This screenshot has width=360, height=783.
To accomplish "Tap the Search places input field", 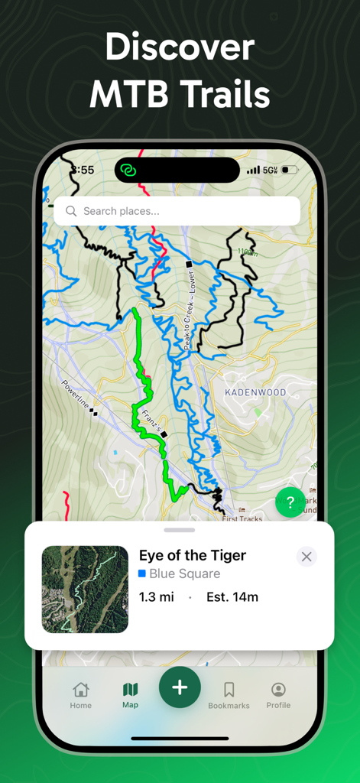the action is (183, 211).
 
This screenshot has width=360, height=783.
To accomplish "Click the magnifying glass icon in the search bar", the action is (71, 211).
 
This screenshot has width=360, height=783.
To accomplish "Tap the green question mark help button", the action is (290, 502).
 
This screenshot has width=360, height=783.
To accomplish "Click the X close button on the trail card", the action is (306, 557).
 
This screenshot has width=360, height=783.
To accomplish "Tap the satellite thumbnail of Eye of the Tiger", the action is (85, 590).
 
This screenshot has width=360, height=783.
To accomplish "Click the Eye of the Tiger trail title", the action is (193, 556).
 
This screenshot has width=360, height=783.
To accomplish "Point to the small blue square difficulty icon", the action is (142, 573).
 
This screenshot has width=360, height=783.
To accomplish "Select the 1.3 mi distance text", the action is (157, 596).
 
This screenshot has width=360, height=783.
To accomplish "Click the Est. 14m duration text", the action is (232, 596).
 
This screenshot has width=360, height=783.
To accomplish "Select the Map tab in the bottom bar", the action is (131, 694).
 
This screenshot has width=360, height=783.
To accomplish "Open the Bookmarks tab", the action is (229, 694).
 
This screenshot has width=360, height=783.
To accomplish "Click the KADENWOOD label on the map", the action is (255, 392).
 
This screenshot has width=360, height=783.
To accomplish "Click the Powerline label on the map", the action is (76, 394).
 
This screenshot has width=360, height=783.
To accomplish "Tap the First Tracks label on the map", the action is (242, 518).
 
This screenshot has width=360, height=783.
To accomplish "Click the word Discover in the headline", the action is (180, 48).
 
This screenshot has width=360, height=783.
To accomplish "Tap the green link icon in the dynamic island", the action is (128, 170).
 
